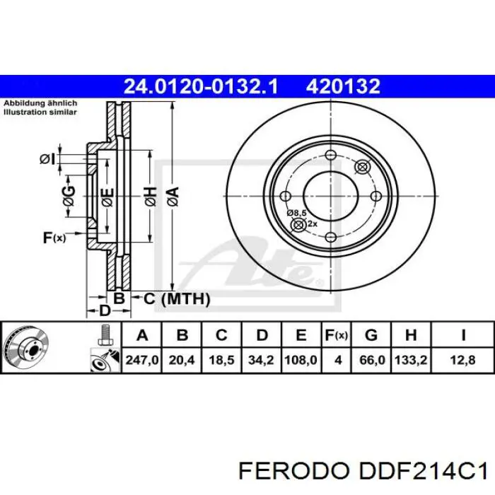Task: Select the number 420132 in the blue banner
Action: coord(343,86)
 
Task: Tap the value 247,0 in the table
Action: coord(142,360)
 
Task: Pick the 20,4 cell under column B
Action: coord(182,360)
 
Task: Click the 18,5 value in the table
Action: coord(221,360)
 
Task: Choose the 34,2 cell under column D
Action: coord(261,360)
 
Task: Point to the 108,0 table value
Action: coord(301,360)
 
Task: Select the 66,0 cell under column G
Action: coord(372,360)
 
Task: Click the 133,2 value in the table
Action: coord(411,360)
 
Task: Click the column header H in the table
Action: coord(411,335)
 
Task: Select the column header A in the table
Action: coord(142,335)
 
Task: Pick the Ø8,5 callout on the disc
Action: coord(296,212)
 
